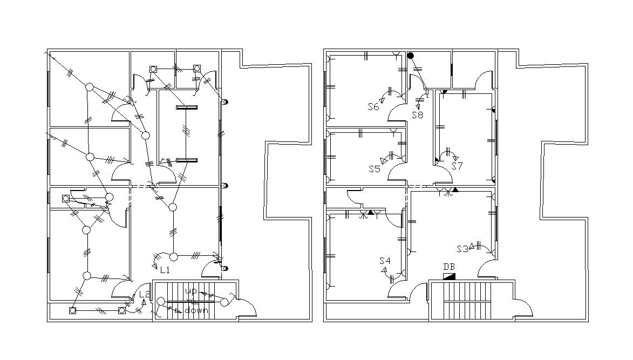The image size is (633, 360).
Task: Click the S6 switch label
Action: [373, 107]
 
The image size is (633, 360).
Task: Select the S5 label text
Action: [375, 169]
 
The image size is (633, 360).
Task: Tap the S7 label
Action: [457, 166]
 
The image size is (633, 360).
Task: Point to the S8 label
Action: [417, 115]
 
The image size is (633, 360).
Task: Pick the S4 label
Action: [384, 261]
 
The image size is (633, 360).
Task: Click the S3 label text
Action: [462, 249]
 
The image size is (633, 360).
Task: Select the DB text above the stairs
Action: [449, 267]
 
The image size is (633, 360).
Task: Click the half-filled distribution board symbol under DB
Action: [449, 276]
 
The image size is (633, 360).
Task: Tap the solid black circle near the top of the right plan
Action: [410, 56]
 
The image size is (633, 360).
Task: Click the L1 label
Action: [165, 269]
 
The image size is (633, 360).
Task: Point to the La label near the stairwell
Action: [144, 295]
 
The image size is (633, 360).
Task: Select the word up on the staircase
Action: [191, 291]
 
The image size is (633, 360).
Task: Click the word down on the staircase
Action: [197, 310]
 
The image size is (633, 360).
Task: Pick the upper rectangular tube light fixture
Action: [186, 107]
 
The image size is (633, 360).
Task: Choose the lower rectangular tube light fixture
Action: [186, 160]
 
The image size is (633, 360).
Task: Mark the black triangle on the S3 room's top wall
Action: [455, 190]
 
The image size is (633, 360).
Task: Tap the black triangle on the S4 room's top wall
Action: [371, 212]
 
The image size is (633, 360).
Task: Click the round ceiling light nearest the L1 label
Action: [174, 256]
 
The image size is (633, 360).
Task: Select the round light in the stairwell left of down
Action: [161, 301]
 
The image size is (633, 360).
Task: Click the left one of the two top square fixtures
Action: [153, 69]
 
